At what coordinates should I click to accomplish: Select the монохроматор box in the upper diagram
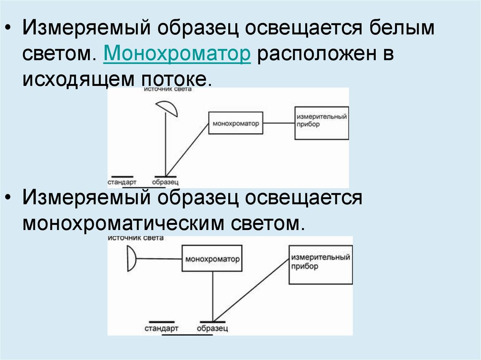[236, 123]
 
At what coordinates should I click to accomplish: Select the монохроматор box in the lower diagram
[212, 259]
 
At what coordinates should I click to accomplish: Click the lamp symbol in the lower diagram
[132, 259]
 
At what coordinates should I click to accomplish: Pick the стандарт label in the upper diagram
[122, 181]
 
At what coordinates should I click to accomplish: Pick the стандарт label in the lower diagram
[162, 327]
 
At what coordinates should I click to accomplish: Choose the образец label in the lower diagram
[213, 327]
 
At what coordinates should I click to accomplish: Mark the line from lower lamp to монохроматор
[159, 259]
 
